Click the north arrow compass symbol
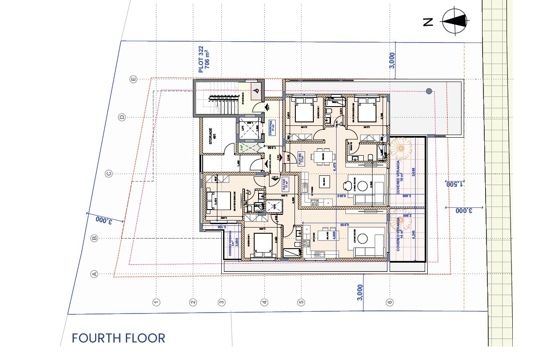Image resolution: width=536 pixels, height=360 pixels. click(x=454, y=21)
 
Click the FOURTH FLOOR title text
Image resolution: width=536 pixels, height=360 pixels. click(x=118, y=338)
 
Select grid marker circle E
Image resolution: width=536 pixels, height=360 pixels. click(x=134, y=79)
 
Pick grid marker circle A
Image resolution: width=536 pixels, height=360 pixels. click(x=93, y=274)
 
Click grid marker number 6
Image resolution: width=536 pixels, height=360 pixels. click(x=390, y=302)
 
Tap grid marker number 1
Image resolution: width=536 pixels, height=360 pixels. click(x=156, y=302)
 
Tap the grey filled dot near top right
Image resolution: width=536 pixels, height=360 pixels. click(x=429, y=91)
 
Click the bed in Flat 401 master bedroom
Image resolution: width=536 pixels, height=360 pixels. click(x=219, y=201)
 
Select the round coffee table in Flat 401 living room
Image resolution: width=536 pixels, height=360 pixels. click(x=362, y=239)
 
